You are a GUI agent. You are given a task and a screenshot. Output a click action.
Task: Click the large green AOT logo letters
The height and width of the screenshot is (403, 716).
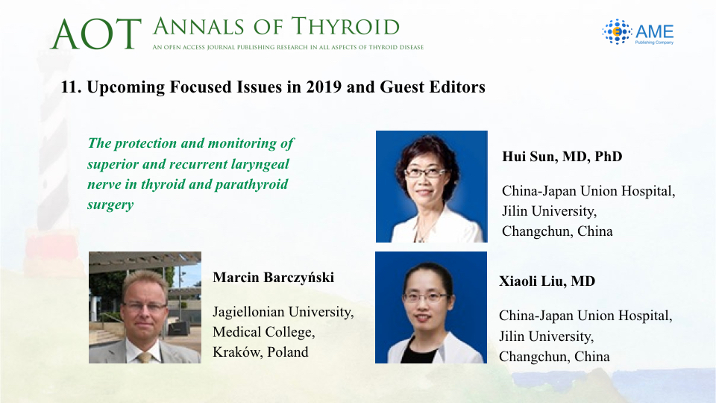pyautogui.click(x=96, y=34)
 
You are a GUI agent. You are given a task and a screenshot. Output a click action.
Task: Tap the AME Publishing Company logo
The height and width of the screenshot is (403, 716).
pyautogui.click(x=638, y=32)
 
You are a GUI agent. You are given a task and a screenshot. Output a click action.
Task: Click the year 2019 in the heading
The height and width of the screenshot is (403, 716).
pyautogui.click(x=324, y=87)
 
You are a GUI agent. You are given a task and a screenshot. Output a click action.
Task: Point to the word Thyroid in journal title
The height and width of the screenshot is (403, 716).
pyautogui.click(x=345, y=27)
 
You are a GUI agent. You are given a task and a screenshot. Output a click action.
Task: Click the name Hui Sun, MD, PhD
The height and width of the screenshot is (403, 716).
pyautogui.click(x=562, y=157)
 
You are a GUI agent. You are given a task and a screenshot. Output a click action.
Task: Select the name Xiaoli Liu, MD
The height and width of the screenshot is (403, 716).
pyautogui.click(x=547, y=281)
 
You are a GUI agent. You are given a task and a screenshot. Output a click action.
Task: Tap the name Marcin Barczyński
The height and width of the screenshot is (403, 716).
pyautogui.click(x=274, y=278)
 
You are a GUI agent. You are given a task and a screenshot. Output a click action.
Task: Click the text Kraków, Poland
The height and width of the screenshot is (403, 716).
pyautogui.click(x=260, y=352)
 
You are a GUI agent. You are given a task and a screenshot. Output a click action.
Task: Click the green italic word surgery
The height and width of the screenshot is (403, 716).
pyautogui.click(x=110, y=204)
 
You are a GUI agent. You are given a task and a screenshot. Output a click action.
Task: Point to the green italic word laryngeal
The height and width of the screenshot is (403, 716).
pyautogui.click(x=260, y=164)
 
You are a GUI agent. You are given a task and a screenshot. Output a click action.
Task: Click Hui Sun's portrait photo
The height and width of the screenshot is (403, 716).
pyautogui.click(x=432, y=187)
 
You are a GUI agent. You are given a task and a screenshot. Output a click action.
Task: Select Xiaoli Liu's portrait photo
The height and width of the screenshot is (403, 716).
pyautogui.click(x=431, y=307)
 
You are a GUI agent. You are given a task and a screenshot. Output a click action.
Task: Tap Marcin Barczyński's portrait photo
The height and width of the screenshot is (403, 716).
pyautogui.click(x=145, y=307)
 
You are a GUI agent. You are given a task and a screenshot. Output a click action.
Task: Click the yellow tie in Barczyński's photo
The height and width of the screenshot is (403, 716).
pyautogui.click(x=145, y=357)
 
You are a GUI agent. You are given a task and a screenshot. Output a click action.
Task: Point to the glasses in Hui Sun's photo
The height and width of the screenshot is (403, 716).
pyautogui.click(x=425, y=172)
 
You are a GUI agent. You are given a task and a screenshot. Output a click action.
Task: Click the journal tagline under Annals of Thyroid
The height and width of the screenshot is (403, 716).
pyautogui.click(x=288, y=47)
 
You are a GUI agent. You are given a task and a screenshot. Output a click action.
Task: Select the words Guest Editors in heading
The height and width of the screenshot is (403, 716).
pyautogui.click(x=433, y=87)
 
